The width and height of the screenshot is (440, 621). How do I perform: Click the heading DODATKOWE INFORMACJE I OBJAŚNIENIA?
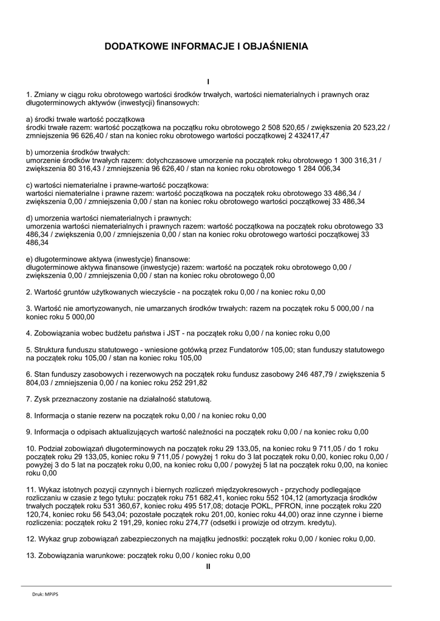coord(206,45)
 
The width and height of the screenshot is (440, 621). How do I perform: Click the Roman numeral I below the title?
coord(208,81)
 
